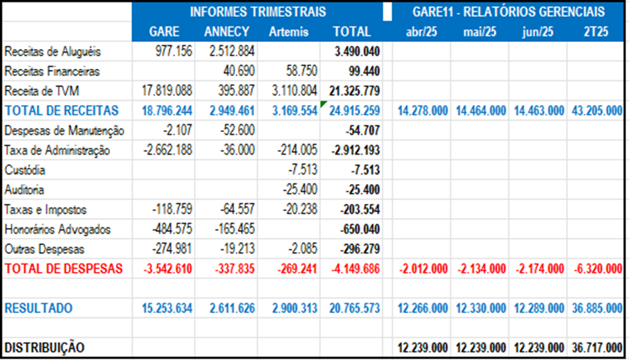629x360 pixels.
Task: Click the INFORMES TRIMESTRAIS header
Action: [258, 11]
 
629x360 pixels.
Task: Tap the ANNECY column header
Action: [226, 31]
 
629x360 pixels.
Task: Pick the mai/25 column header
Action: [480, 31]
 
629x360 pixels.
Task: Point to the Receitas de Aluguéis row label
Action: [53, 52]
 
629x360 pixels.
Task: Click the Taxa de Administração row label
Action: [57, 151]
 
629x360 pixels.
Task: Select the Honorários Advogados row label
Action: [58, 230]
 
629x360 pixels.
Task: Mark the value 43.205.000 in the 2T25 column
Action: [595, 111]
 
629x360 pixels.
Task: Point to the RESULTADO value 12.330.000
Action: [480, 309]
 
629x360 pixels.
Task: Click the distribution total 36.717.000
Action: [595, 348]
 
